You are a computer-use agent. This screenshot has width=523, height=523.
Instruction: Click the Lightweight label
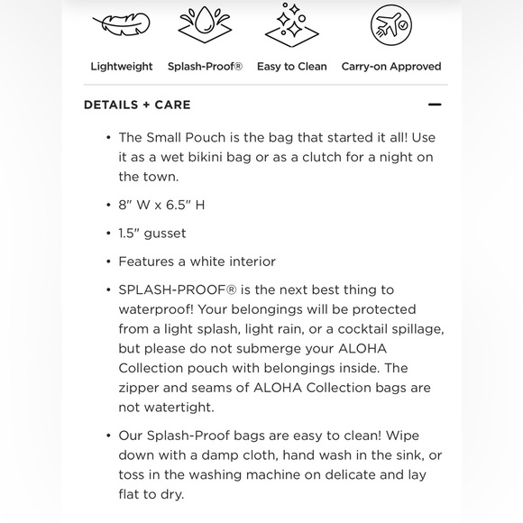pyautogui.click(x=121, y=67)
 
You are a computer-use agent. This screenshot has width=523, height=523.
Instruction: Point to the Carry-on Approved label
pyautogui.click(x=390, y=67)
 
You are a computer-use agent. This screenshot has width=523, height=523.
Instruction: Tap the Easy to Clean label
pyautogui.click(x=292, y=67)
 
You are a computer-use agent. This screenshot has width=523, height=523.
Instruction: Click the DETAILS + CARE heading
pyautogui.click(x=137, y=105)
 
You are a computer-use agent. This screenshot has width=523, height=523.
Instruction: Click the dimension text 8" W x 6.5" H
pyautogui.click(x=161, y=205)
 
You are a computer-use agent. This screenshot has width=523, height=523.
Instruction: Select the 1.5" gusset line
pyautogui.click(x=151, y=234)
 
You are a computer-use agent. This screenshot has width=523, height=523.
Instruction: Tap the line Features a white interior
pyautogui.click(x=197, y=261)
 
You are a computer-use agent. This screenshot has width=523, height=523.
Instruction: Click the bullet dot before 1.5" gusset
pyautogui.click(x=107, y=234)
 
